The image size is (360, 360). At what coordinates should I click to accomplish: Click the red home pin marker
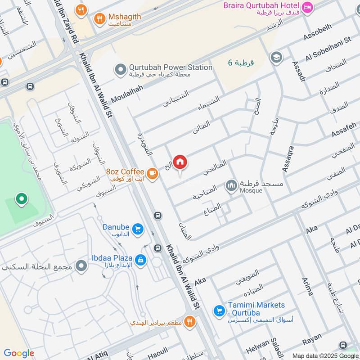(180, 162)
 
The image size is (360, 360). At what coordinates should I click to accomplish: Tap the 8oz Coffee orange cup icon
(152, 173)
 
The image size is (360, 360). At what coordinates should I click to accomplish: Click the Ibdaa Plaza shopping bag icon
(140, 260)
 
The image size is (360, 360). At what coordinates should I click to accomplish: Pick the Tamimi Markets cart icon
(219, 310)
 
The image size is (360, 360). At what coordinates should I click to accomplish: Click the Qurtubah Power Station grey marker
(120, 69)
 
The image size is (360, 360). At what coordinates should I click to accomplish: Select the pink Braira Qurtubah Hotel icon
(307, 7)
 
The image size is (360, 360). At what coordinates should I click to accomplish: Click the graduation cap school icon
(275, 58)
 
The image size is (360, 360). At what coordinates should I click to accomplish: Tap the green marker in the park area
(21, 198)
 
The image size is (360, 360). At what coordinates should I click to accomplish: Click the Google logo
(19, 353)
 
